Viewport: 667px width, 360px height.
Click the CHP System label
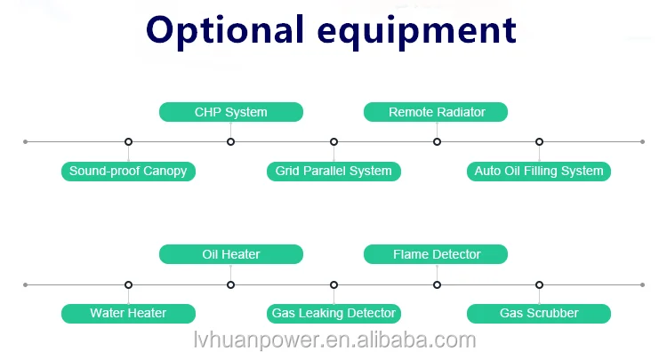click(231, 112)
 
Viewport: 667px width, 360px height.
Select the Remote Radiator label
click(437, 112)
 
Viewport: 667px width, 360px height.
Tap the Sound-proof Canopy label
click(128, 171)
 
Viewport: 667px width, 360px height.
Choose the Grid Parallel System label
click(333, 171)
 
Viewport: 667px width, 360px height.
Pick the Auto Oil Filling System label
click(539, 171)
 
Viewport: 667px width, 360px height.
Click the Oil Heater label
click(231, 254)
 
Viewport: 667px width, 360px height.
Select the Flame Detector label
click(437, 254)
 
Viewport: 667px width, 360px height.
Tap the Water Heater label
click(128, 313)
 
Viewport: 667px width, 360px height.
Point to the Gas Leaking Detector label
click(333, 313)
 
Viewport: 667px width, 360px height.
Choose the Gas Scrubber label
click(539, 313)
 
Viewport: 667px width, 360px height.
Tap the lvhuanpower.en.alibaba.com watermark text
click(334, 341)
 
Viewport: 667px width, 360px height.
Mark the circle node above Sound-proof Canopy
click(128, 141)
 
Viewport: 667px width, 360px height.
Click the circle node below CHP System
click(231, 141)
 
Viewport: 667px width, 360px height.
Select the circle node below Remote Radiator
click(437, 141)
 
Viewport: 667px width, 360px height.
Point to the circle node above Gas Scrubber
click(539, 284)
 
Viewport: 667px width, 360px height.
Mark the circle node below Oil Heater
click(231, 284)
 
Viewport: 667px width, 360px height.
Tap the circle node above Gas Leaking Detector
click(333, 284)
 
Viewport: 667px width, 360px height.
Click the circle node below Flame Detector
click(437, 284)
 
